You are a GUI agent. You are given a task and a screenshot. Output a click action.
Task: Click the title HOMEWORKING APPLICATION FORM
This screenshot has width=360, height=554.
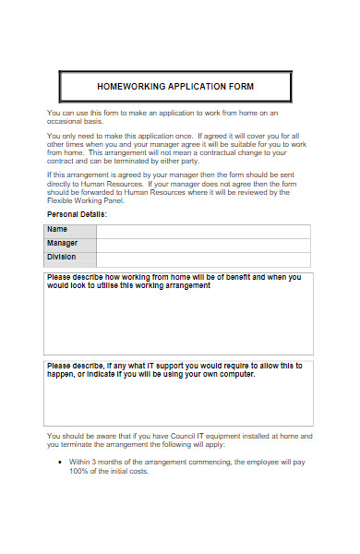tap(175, 87)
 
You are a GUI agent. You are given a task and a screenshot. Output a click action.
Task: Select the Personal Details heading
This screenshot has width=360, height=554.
tap(77, 214)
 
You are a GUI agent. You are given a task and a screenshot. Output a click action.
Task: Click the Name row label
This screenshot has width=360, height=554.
tap(57, 230)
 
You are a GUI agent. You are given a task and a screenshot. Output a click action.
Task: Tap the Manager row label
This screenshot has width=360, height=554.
tap(63, 244)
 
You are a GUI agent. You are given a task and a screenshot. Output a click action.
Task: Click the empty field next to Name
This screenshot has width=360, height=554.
tap(203, 231)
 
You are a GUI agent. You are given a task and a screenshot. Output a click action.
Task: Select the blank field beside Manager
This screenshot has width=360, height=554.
tap(203, 245)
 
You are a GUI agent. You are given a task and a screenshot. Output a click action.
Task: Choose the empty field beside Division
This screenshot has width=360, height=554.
tap(203, 259)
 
